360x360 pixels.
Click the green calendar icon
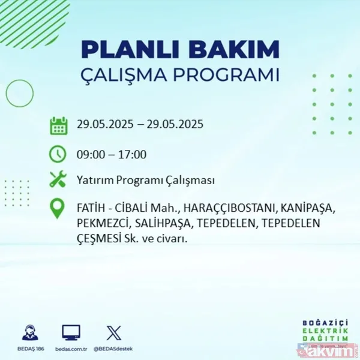pyautogui.click(x=58, y=125)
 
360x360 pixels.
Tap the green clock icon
pyautogui.click(x=58, y=154)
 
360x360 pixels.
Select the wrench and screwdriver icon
pyautogui.click(x=58, y=179)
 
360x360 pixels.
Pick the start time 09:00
pyautogui.click(x=89, y=154)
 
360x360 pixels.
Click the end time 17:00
pyautogui.click(x=133, y=154)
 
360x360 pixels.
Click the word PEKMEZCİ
pyautogui.click(x=100, y=223)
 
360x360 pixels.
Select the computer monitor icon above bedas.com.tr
pyautogui.click(x=71, y=333)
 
